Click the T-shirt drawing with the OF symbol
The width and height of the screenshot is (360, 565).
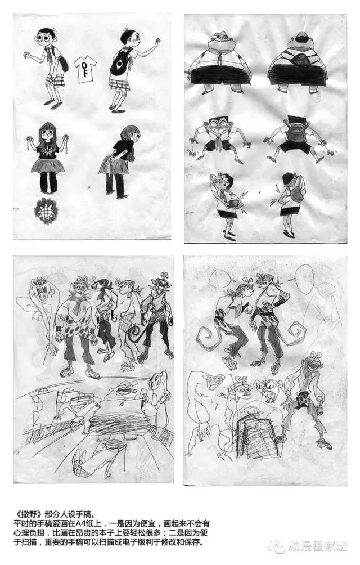click(x=85, y=70)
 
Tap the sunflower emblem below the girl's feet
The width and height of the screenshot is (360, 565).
click(x=45, y=210)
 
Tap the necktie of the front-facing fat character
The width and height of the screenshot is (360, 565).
click(x=222, y=55)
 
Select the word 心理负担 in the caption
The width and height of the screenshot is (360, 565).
click(x=29, y=532)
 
